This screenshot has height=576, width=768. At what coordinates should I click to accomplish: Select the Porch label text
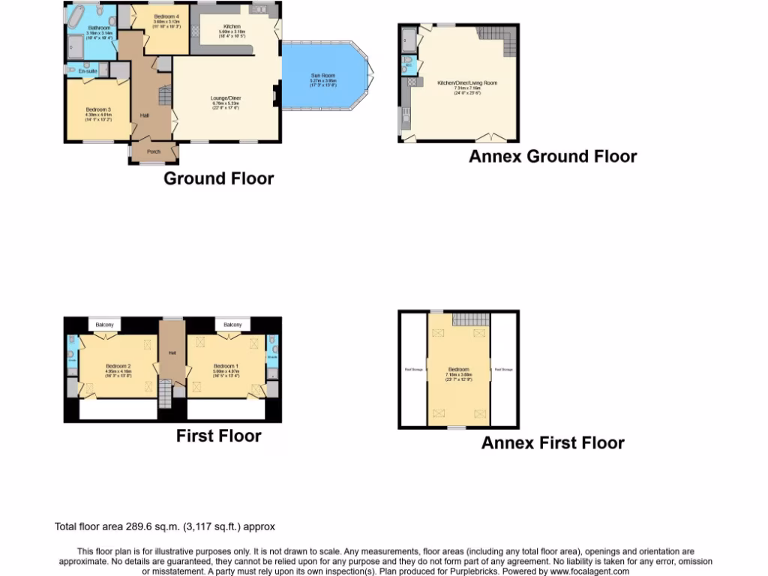tap(154, 151)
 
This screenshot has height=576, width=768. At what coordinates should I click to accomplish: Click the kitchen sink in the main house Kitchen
tap(261, 10)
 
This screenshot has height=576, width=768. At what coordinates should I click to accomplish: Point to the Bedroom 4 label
tap(166, 16)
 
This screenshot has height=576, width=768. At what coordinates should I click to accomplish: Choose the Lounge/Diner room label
tap(225, 98)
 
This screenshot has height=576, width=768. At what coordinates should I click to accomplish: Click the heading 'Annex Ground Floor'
tap(553, 156)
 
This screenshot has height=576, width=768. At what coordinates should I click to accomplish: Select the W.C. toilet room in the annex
tap(408, 65)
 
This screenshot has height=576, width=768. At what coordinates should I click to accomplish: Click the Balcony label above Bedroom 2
tap(105, 325)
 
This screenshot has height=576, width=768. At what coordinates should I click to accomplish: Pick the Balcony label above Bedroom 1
tap(232, 325)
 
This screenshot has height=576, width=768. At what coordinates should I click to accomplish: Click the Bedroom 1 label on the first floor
tap(225, 366)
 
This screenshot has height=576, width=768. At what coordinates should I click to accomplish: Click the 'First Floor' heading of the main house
tap(218, 436)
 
